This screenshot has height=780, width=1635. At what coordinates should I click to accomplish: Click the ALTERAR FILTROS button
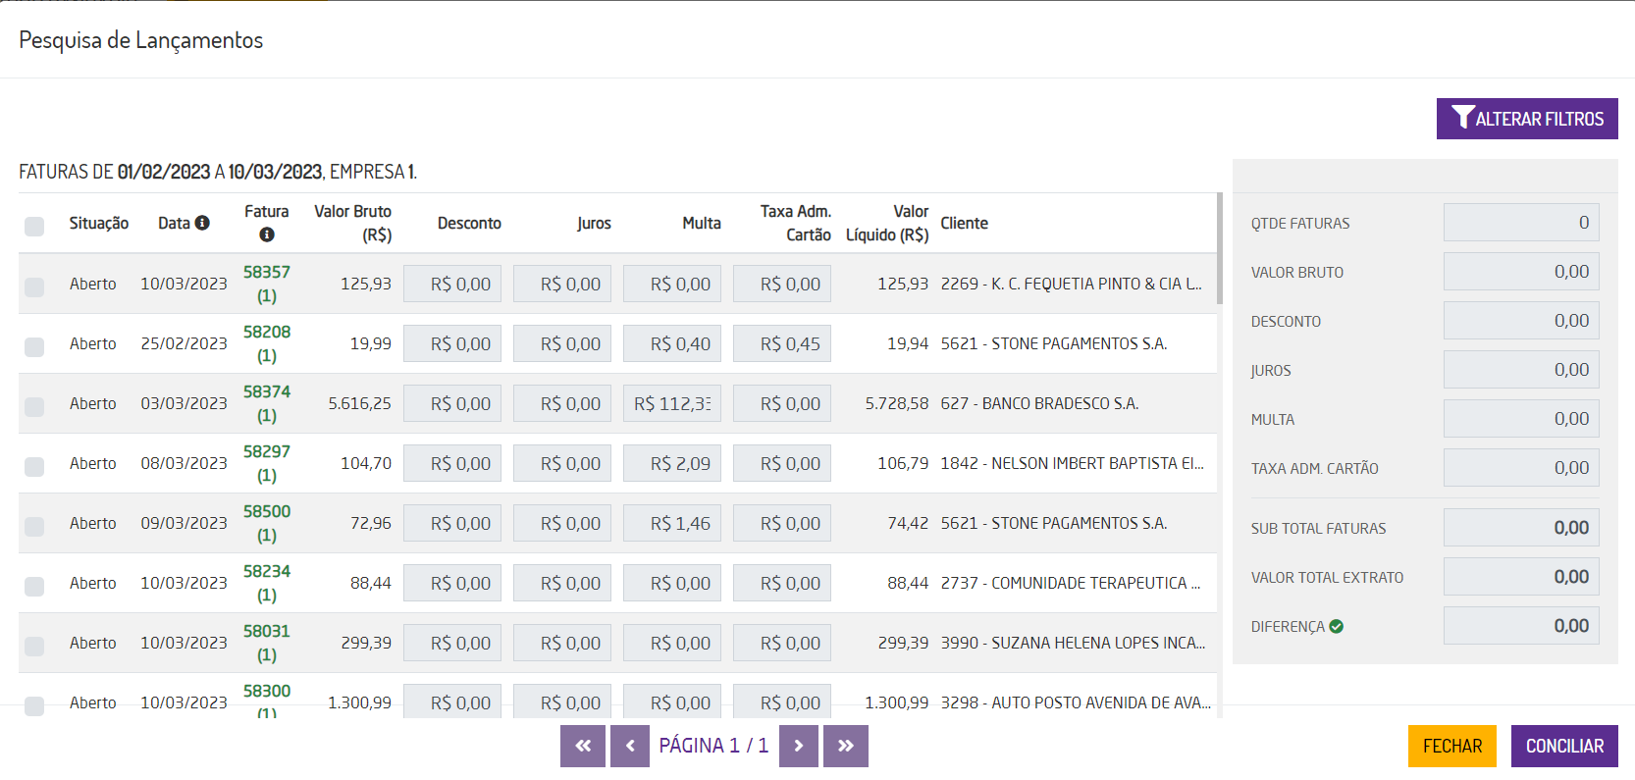[x=1527, y=119]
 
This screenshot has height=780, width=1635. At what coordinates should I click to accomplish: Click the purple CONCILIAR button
[x=1564, y=746]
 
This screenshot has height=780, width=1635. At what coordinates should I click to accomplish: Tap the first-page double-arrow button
[x=583, y=746]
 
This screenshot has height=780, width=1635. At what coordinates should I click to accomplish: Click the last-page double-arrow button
[x=846, y=746]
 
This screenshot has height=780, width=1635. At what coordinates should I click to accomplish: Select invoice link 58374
[x=267, y=392]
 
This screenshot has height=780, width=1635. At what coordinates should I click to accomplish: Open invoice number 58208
[x=267, y=333]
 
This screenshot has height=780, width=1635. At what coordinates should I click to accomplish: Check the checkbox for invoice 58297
[x=34, y=466]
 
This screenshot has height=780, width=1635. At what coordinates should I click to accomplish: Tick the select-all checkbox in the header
[x=34, y=227]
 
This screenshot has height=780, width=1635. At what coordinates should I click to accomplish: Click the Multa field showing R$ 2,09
[x=672, y=463]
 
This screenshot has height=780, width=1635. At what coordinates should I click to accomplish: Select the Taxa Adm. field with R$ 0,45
[x=782, y=343]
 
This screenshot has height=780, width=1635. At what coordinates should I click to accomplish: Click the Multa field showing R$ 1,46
[x=672, y=523]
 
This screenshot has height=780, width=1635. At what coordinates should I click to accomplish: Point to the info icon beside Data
[x=202, y=223]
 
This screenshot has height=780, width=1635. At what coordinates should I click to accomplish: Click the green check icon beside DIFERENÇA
[x=1337, y=626]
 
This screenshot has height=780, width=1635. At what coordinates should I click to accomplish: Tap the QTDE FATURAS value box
[x=1521, y=223]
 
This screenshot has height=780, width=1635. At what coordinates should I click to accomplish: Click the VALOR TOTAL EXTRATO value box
[x=1521, y=577]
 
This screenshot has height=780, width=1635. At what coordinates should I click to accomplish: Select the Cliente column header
[x=964, y=224]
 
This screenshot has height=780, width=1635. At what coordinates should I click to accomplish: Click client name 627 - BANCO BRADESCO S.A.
[x=1039, y=403]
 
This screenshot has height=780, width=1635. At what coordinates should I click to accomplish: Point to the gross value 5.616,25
[x=359, y=403]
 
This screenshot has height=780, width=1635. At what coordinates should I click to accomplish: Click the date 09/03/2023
[x=184, y=523]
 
